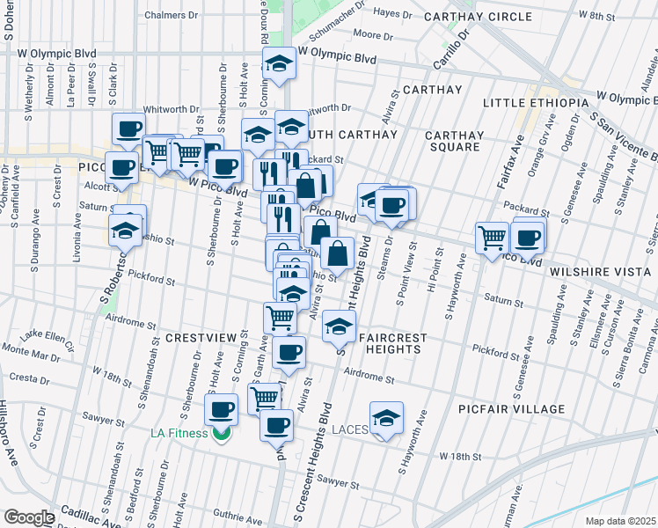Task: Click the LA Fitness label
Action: [x=179, y=433]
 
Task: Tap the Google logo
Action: [x=28, y=517]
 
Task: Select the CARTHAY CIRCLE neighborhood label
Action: [x=478, y=17]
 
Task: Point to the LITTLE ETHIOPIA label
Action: [x=535, y=103]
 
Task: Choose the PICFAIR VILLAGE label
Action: [x=512, y=409]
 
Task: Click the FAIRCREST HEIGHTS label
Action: [x=393, y=343]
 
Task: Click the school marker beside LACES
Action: [x=385, y=418]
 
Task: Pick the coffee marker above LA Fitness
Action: [x=222, y=408]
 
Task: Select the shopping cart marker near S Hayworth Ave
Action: [x=491, y=236]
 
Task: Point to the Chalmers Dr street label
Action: [x=170, y=16]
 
